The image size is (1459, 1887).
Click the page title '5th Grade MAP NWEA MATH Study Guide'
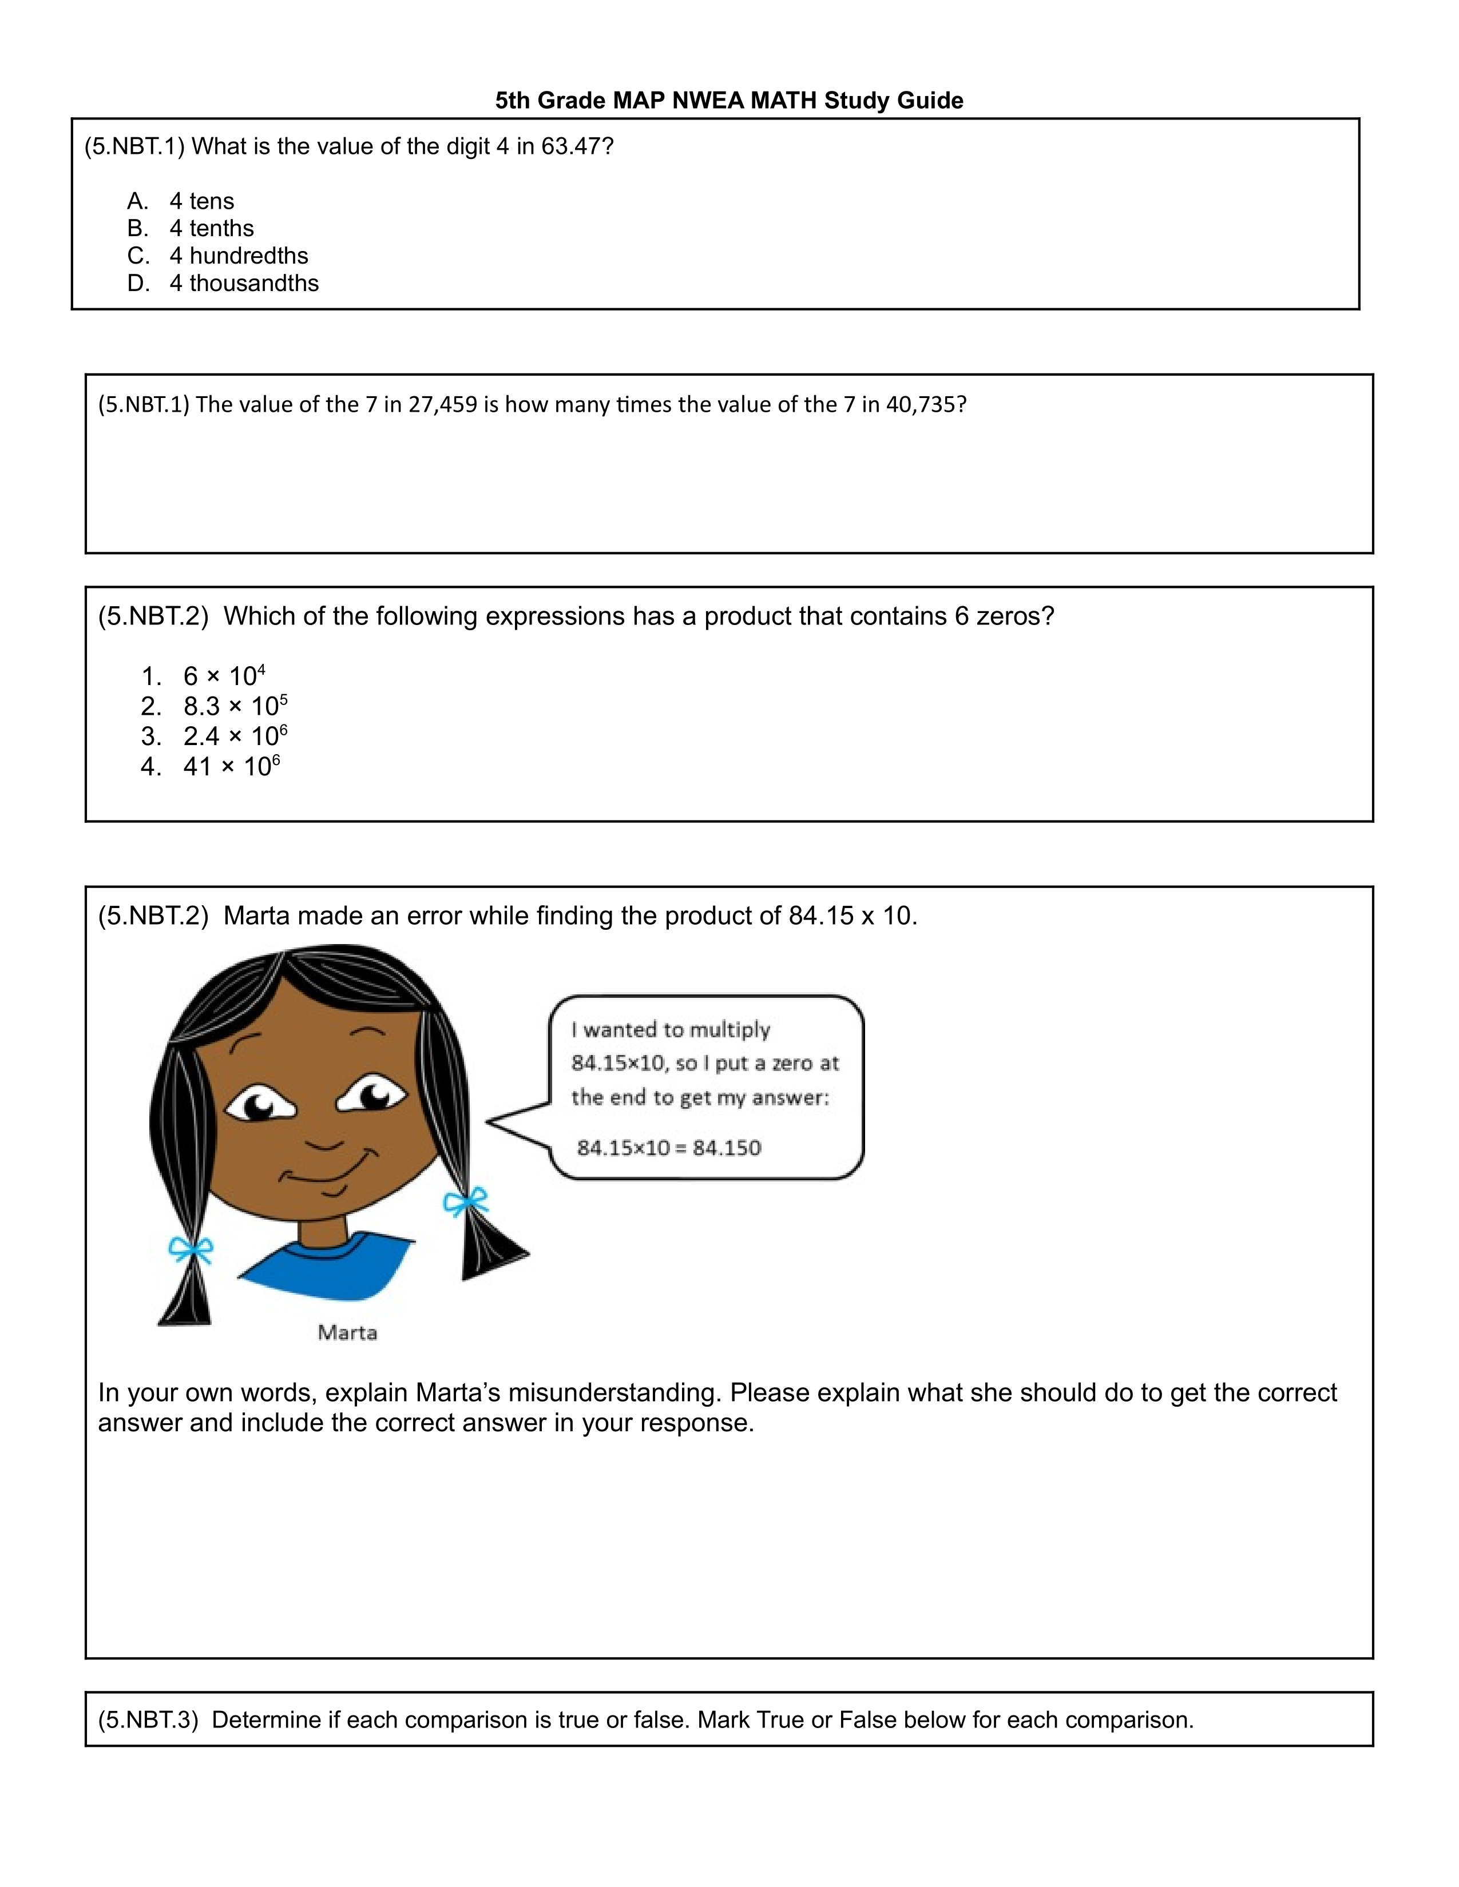728,100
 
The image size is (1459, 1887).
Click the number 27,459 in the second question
442,404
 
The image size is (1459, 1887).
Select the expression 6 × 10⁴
224,676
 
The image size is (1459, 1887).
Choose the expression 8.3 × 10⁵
235,706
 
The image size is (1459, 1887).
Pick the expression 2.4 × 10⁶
235,736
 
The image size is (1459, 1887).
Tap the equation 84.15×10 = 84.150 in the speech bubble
669,1148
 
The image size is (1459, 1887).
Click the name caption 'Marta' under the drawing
347,1332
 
